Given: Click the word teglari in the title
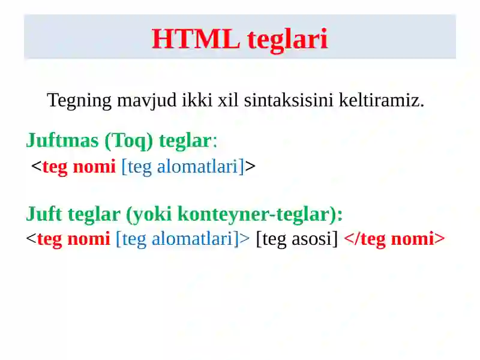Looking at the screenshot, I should pyautogui.click(x=287, y=39).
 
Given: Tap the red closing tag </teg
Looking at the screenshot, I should pyautogui.click(x=365, y=239).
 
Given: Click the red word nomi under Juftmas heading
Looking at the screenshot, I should pyautogui.click(x=94, y=166).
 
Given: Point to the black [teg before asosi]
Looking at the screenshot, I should pyautogui.click(x=271, y=239).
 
